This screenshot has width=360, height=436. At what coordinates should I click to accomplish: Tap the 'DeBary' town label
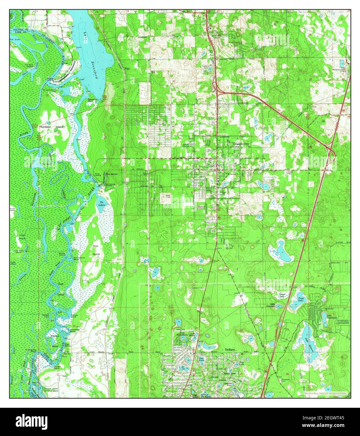click(x=230, y=350)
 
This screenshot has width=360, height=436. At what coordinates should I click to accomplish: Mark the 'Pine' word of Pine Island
click(x=95, y=246)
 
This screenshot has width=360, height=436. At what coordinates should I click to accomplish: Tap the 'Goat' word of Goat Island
click(x=61, y=284)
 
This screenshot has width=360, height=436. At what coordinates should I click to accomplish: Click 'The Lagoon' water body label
click(x=102, y=204)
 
